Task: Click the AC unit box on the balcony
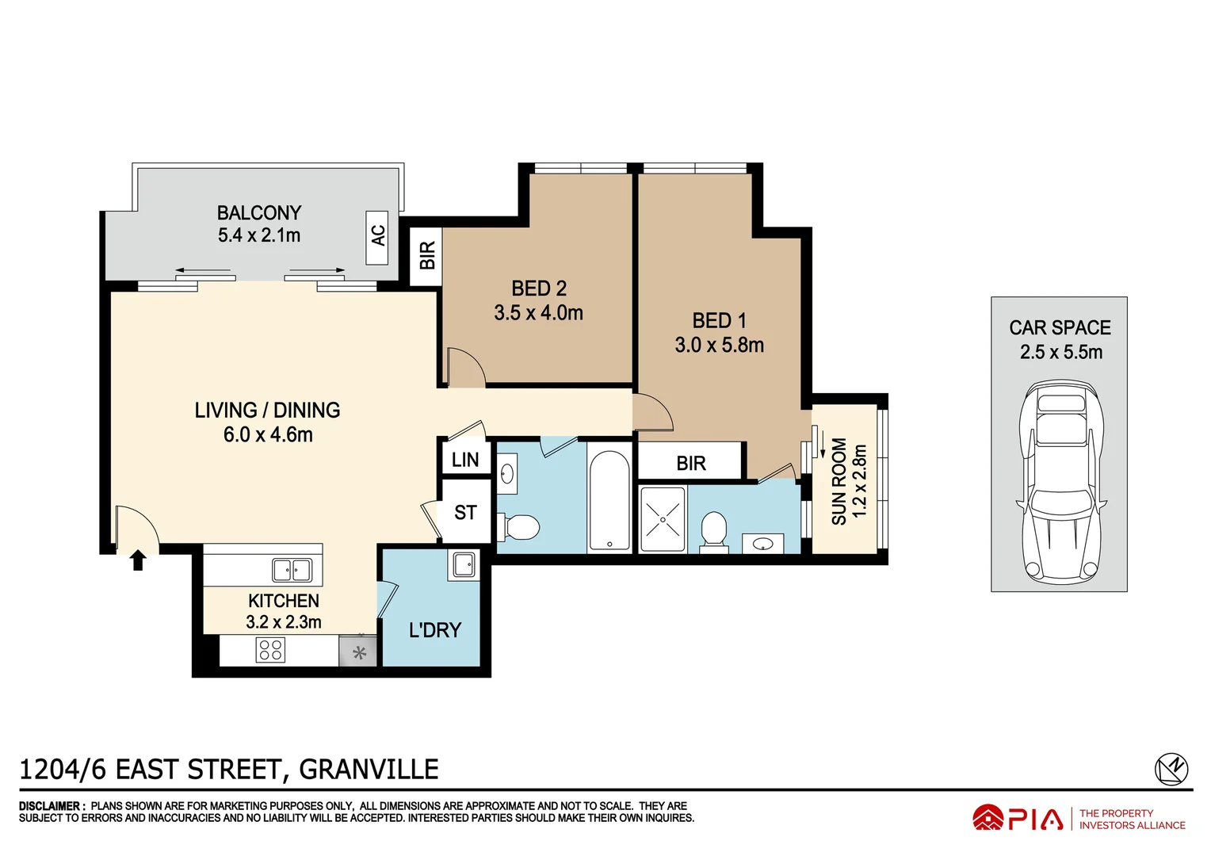tap(377, 237)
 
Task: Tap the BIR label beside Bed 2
tap(426, 256)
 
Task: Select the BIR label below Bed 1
tap(690, 463)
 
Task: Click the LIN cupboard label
tap(465, 460)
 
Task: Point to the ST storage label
tap(465, 513)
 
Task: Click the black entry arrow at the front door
tap(138, 560)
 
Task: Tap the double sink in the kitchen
tap(292, 570)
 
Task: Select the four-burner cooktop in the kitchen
tap(270, 651)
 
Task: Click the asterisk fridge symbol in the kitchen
tap(359, 653)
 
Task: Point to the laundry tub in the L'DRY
tap(464, 566)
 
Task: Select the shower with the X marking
tap(663, 519)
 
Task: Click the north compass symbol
tap(1171, 769)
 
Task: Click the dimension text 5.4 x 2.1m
tap(259, 235)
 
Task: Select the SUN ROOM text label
tap(839, 482)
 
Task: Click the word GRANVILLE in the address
tap(369, 770)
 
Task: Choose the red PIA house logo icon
tap(988, 818)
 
